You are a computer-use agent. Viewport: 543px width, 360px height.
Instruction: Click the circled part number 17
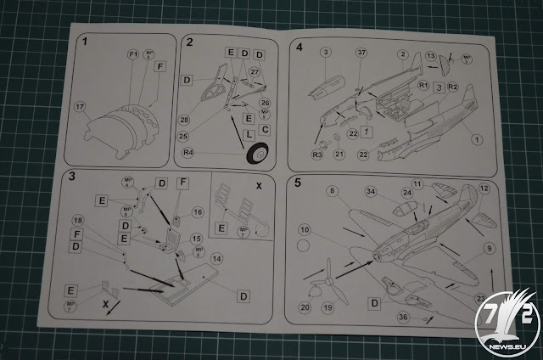point(81,107)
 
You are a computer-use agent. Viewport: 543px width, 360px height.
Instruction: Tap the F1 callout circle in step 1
point(132,55)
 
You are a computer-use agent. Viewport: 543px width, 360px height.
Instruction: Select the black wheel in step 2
point(257,156)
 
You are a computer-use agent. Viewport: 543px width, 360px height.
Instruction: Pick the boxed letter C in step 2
point(265,129)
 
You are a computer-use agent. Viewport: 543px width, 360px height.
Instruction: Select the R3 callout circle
point(317,154)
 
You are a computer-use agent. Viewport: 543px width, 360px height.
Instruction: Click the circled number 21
point(339,154)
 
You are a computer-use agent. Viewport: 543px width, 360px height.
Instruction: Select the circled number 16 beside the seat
point(199,212)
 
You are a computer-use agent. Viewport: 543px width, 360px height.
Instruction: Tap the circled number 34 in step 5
point(371,193)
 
